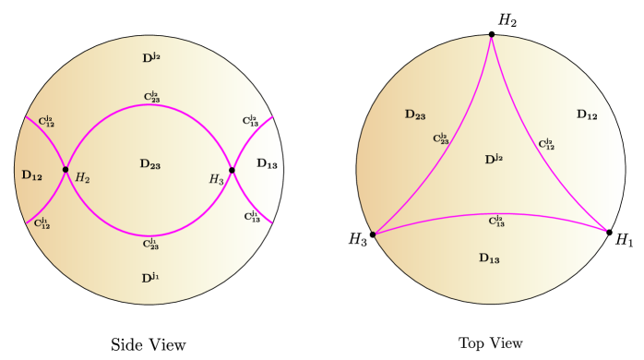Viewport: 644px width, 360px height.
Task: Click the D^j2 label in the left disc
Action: (x=150, y=58)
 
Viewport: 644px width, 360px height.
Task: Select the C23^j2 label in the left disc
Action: (x=150, y=97)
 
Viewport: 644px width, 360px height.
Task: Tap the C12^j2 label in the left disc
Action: (x=46, y=122)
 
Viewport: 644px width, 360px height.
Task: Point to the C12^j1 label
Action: (x=42, y=223)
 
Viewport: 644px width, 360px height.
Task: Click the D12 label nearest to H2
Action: (x=31, y=175)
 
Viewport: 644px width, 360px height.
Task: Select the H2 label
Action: (x=82, y=178)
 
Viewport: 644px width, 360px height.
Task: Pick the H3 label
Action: (x=216, y=180)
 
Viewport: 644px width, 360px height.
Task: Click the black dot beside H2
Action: (x=66, y=170)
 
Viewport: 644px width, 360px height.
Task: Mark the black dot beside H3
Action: (x=232, y=170)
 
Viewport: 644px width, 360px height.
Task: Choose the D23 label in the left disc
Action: (x=149, y=164)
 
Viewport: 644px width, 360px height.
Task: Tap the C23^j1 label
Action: (x=150, y=245)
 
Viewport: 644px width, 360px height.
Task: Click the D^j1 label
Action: (x=150, y=278)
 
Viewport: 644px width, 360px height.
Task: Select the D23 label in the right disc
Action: (x=414, y=115)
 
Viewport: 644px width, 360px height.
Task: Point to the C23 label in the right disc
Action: (x=441, y=139)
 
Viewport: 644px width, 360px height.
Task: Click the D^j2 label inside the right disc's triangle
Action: (x=494, y=160)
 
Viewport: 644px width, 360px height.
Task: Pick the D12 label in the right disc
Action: (x=586, y=115)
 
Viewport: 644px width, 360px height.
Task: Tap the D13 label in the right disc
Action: (x=489, y=258)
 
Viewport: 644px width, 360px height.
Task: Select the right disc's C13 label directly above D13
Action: (x=496, y=222)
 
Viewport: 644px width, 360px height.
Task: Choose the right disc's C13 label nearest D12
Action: (x=546, y=144)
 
